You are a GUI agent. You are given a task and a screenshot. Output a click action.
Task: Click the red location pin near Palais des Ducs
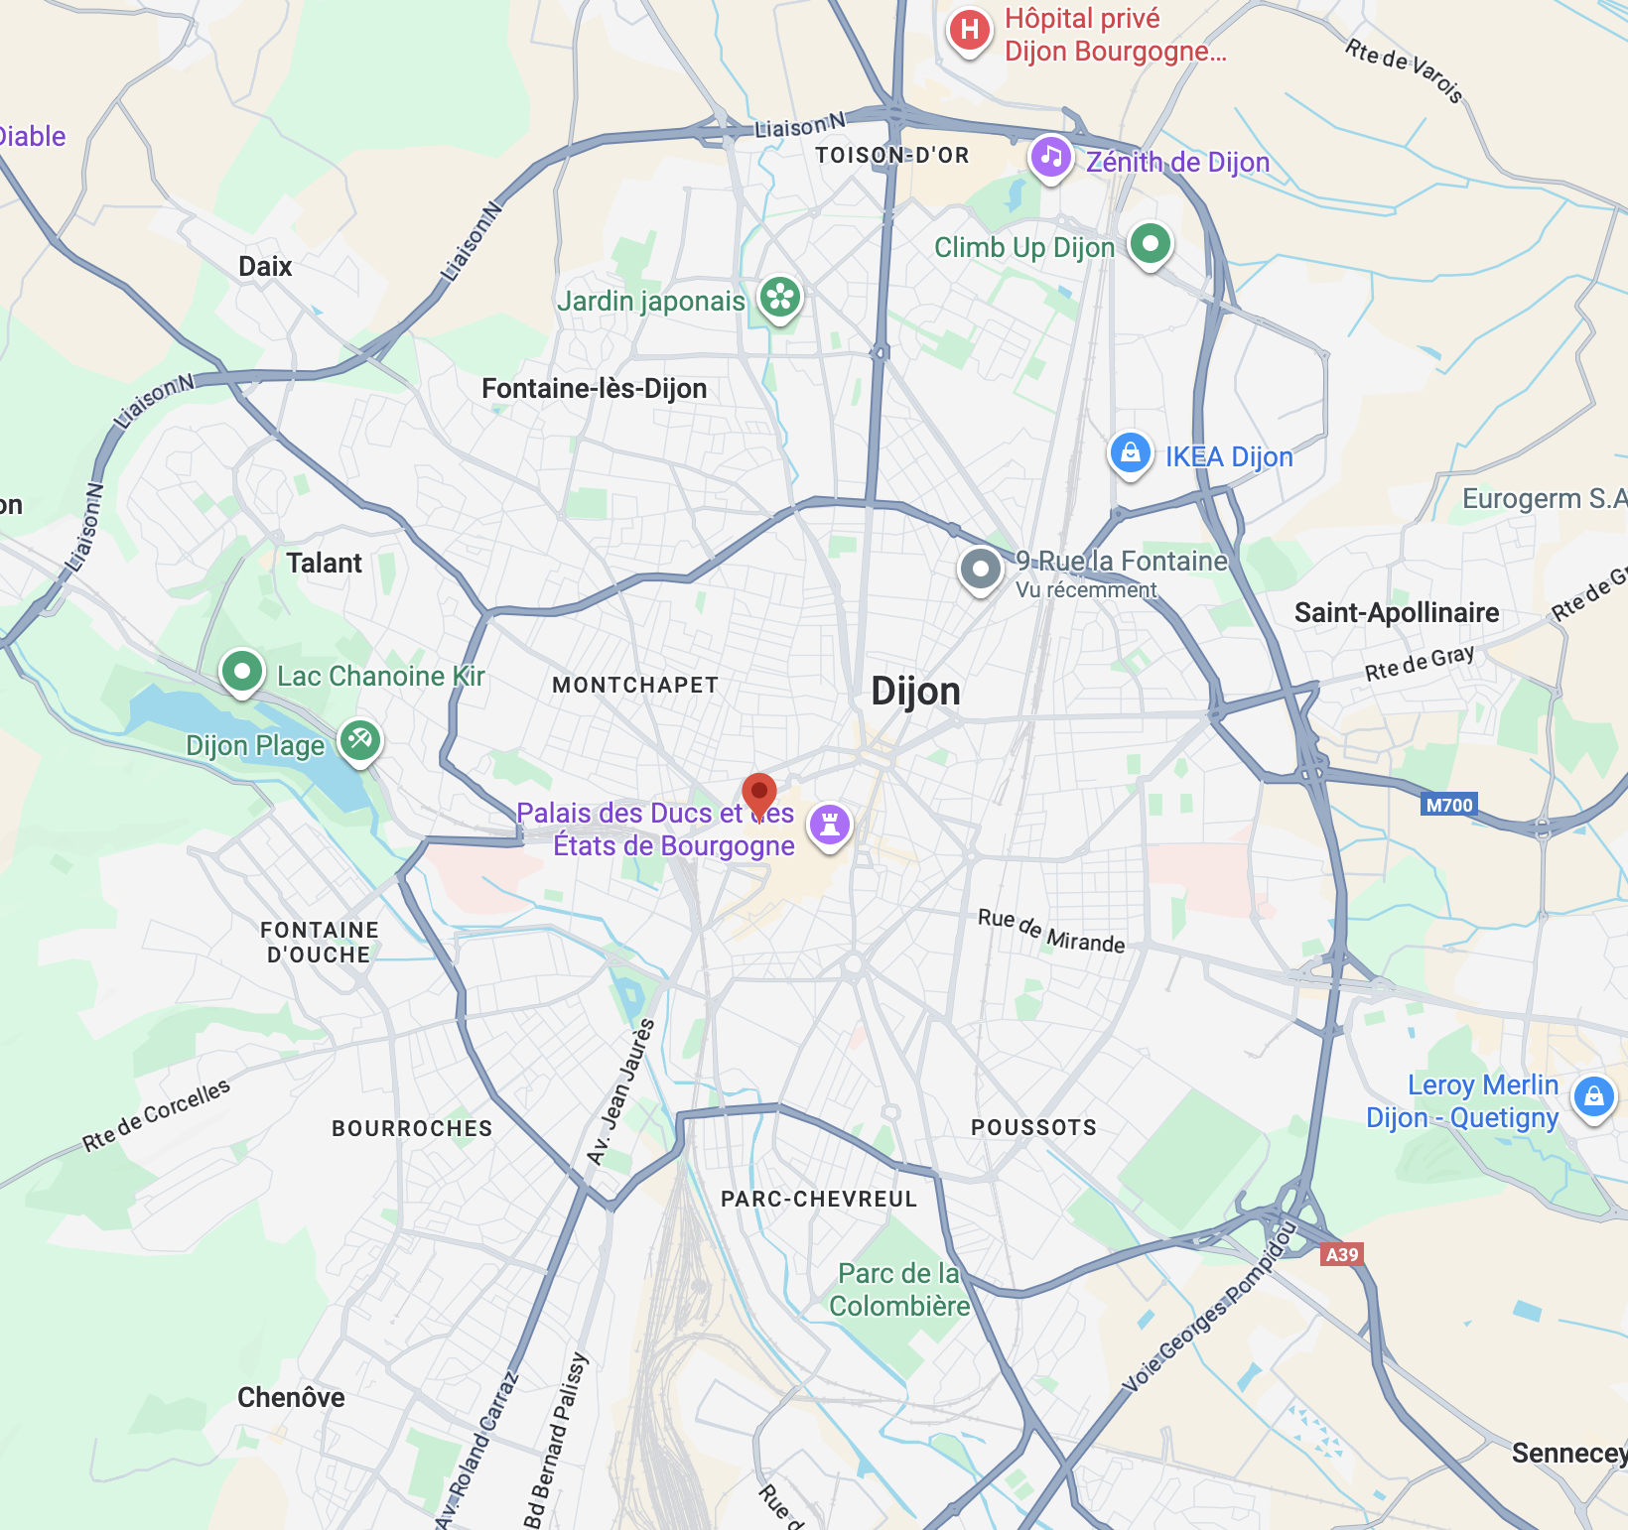tap(759, 793)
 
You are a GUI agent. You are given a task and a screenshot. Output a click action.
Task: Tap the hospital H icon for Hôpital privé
tap(969, 30)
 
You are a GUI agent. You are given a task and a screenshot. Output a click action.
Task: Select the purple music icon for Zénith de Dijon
tap(1051, 156)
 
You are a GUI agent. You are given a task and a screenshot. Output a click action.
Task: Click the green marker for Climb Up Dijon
tap(1150, 243)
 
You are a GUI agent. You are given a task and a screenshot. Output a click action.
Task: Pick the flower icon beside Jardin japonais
tap(780, 297)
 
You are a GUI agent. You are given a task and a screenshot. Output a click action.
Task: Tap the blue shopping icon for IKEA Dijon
tap(1130, 453)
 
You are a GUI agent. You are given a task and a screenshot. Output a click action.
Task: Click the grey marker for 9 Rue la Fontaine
tap(981, 570)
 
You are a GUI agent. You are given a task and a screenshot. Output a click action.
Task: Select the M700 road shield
tap(1448, 805)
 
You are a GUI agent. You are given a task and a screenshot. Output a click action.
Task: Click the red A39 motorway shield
tap(1342, 1254)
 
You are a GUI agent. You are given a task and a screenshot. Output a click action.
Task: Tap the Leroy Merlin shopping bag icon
tap(1593, 1096)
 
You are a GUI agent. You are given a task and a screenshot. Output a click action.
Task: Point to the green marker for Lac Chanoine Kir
tap(242, 672)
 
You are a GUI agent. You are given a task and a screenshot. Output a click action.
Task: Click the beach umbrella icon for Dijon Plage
tap(360, 739)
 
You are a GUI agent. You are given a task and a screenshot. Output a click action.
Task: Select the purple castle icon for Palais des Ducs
tap(830, 824)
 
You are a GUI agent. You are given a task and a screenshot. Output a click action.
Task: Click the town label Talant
tap(324, 564)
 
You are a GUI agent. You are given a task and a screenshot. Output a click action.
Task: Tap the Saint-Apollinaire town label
tap(1396, 613)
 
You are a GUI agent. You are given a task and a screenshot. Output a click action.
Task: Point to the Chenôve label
tap(291, 1397)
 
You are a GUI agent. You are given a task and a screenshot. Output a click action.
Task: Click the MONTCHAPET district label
tap(635, 686)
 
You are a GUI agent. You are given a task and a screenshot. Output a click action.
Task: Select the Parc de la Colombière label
tap(899, 1289)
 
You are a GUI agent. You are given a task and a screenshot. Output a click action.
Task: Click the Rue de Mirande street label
tap(1051, 931)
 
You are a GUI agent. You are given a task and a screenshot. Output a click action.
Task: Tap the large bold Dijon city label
tap(915, 692)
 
